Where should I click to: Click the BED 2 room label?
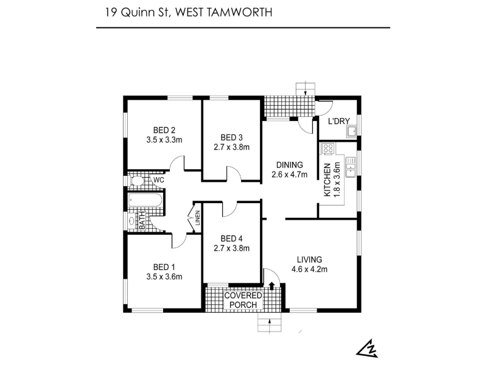pyautogui.click(x=164, y=130)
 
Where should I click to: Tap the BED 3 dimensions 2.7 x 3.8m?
pyautogui.click(x=231, y=147)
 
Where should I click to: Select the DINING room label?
pyautogui.click(x=290, y=165)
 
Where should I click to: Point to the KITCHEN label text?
pyautogui.click(x=327, y=179)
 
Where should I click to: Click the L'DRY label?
pyautogui.click(x=339, y=121)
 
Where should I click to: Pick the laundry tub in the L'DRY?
pyautogui.click(x=352, y=132)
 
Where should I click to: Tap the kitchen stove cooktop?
pyautogui.click(x=328, y=148)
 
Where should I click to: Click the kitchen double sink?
pyautogui.click(x=351, y=167)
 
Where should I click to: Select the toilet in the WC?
pyautogui.click(x=136, y=181)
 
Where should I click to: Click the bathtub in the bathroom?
pyautogui.click(x=145, y=200)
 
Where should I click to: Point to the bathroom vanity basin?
pyautogui.click(x=132, y=221)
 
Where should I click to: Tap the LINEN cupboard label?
pyautogui.click(x=197, y=218)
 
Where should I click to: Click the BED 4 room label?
pyautogui.click(x=231, y=238)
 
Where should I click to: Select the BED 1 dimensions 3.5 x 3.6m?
pyautogui.click(x=164, y=277)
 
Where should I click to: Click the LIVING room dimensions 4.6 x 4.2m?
pyautogui.click(x=309, y=269)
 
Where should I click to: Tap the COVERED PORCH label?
pyautogui.click(x=243, y=300)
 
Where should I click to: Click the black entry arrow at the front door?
pyautogui.click(x=272, y=286)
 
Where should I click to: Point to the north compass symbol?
pyautogui.click(x=368, y=348)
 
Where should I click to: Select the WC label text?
pyautogui.click(x=159, y=180)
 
